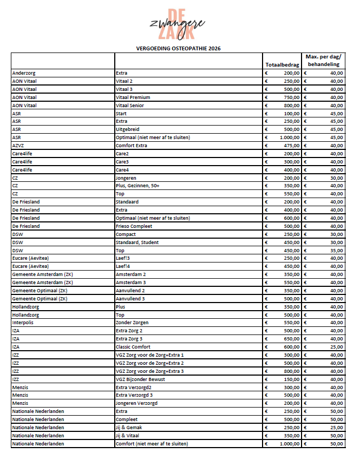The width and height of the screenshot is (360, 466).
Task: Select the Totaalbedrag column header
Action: coord(282,64)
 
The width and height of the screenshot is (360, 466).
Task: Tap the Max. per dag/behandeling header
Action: coord(323,60)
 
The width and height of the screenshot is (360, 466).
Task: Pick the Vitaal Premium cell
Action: coord(133,97)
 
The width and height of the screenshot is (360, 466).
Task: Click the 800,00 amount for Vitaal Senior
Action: coord(291,105)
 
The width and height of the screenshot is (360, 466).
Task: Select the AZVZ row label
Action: coord(18,145)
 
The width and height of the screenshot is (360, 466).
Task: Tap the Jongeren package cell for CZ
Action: coord(126,178)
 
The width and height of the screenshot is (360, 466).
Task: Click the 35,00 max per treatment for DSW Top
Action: coord(336,250)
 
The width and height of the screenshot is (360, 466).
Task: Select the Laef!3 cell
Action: coord(123,258)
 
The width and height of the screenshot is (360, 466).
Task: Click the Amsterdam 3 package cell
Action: coord(131,282)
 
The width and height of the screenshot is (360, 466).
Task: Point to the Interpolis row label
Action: coord(23,323)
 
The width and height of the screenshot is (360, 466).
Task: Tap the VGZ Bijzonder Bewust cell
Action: coord(140,379)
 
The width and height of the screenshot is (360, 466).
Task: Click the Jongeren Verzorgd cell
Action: coord(136,403)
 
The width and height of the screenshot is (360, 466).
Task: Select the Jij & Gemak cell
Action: coord(129,427)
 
